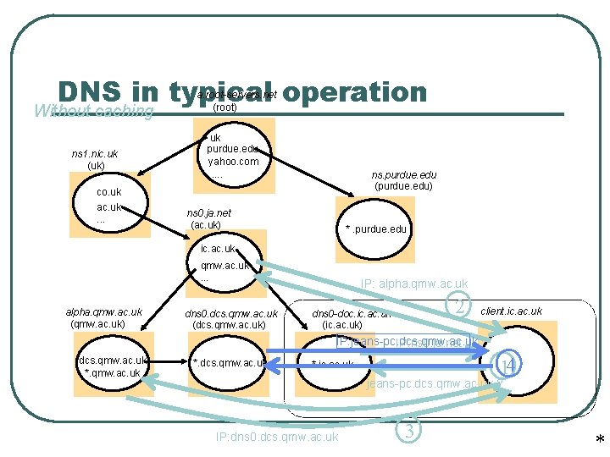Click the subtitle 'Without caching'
[93, 111]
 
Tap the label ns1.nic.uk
[94, 154]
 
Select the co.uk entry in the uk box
[109, 192]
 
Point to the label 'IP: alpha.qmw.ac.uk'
[414, 284]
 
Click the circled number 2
[458, 307]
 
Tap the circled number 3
[408, 430]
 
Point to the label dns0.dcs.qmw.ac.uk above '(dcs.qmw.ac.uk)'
[231, 314]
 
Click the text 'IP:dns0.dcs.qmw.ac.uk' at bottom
[277, 437]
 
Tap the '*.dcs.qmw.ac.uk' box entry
[231, 363]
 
